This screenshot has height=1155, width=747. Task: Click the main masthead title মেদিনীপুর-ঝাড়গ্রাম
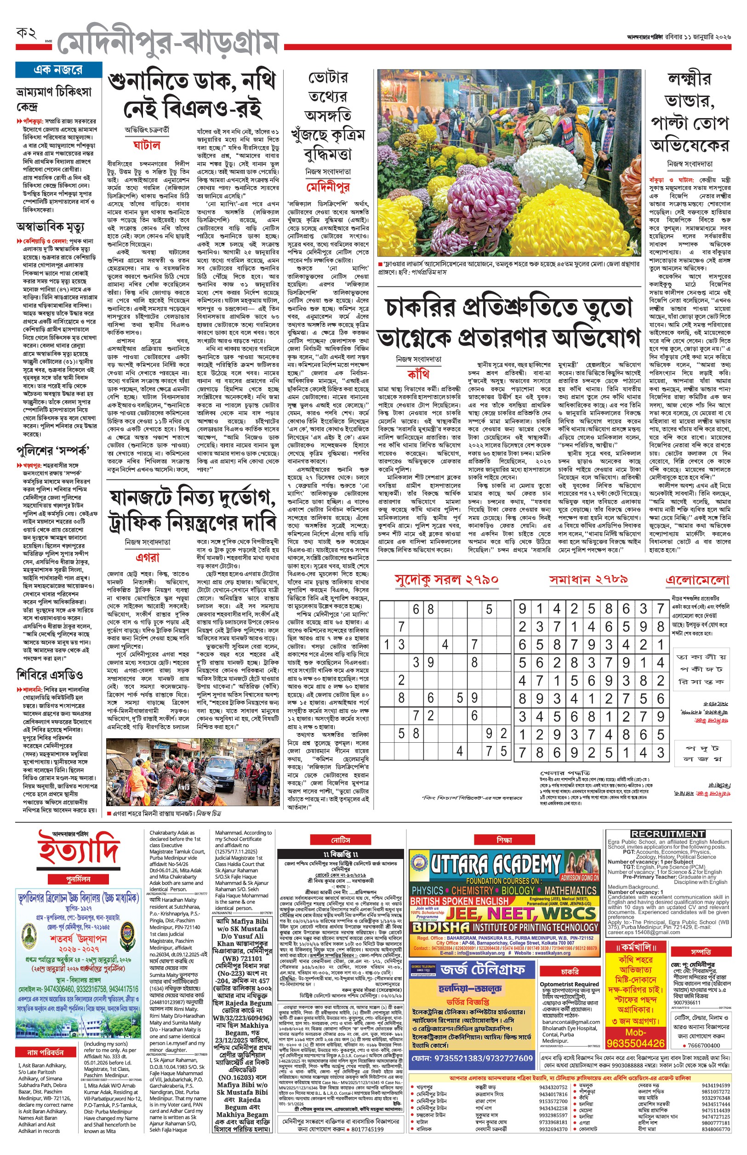(167, 44)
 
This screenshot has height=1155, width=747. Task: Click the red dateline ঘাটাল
(147, 145)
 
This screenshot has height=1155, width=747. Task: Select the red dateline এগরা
(148, 557)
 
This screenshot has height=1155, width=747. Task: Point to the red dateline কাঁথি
(418, 374)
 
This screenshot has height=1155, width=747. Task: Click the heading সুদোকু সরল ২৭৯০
(446, 580)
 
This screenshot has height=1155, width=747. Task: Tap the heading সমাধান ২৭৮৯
(588, 580)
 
